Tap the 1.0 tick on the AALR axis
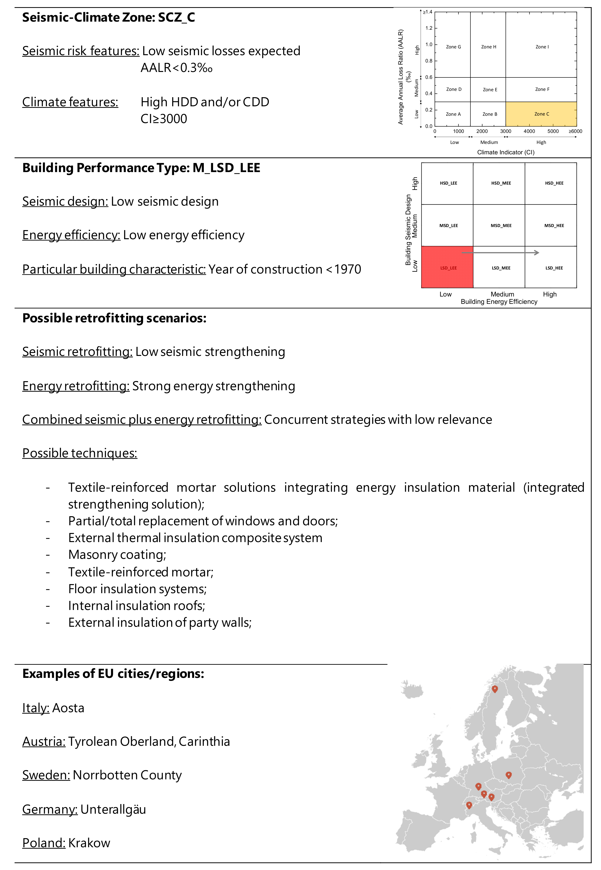[x=429, y=44]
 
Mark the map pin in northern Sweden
[x=495, y=689]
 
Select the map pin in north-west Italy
[x=469, y=805]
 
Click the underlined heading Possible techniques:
[x=80, y=453]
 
